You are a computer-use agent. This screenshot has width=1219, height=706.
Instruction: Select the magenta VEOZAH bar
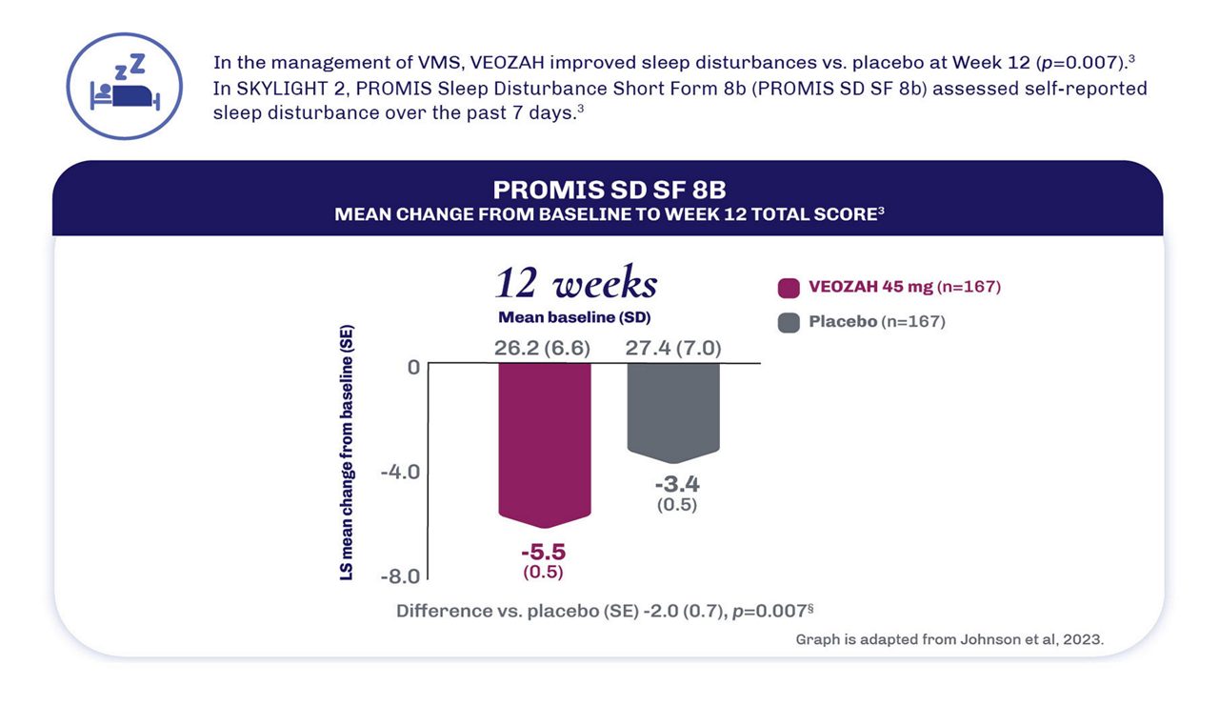[x=545, y=443]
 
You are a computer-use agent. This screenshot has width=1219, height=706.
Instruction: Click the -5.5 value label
[x=543, y=552]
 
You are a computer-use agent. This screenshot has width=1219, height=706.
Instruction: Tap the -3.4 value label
[x=676, y=484]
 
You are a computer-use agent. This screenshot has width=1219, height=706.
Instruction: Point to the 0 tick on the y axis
[x=413, y=366]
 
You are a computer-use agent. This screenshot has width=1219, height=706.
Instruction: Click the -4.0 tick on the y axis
[x=400, y=472]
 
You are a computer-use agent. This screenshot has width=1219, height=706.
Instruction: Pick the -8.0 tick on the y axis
[x=400, y=576]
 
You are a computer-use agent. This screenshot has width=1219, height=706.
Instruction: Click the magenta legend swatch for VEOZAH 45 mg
[x=789, y=287]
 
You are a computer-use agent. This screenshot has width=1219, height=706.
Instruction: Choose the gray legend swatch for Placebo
[x=789, y=322]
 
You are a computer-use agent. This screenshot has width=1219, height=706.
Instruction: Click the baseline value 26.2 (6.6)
[x=542, y=348]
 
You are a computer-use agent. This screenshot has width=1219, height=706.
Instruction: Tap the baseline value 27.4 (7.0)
[x=673, y=348]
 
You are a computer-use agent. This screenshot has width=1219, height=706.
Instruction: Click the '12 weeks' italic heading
[x=575, y=284]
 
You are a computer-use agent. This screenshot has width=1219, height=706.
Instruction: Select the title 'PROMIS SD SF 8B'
[x=609, y=190]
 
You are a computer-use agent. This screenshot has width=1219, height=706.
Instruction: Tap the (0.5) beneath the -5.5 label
[x=543, y=572]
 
